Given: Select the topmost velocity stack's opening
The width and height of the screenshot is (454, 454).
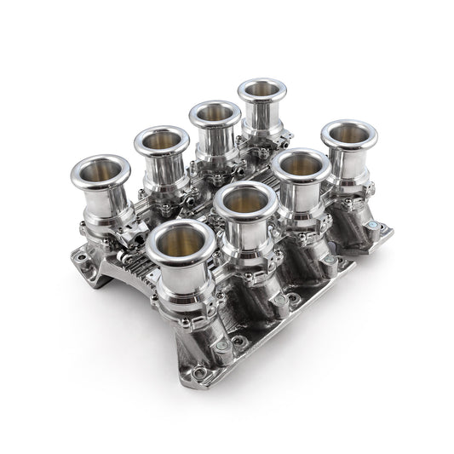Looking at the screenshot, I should [263, 92].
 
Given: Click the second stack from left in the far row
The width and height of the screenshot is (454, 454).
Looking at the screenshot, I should [160, 141].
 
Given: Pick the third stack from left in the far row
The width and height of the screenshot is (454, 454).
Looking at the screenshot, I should [214, 114].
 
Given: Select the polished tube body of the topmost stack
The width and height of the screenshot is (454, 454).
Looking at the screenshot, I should [263, 119].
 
